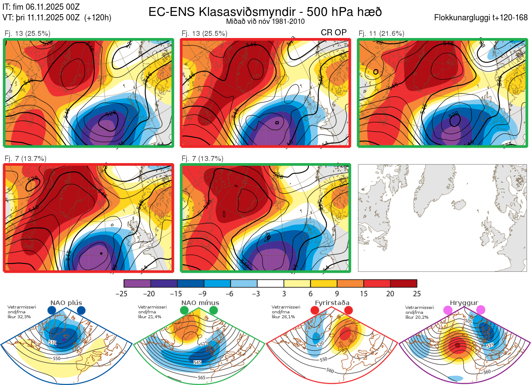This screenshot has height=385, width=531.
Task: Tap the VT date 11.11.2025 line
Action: tap(57, 18)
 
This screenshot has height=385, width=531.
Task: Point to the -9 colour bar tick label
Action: tap(204, 294)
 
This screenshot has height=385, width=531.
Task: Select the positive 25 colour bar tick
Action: tap(416, 294)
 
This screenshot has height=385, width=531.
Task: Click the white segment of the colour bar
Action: tap(270, 283)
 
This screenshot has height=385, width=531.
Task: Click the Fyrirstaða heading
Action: tap(331, 303)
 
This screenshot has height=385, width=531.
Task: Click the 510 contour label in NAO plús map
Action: tap(53, 343)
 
